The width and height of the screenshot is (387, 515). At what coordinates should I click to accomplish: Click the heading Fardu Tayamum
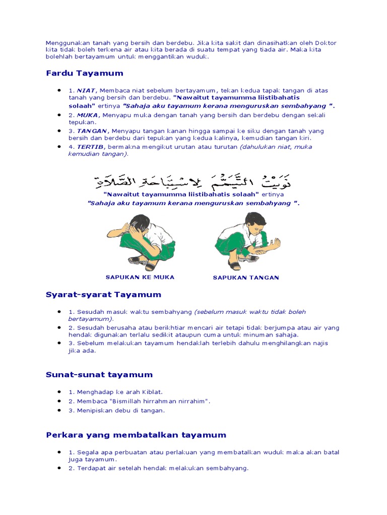click(x=84, y=73)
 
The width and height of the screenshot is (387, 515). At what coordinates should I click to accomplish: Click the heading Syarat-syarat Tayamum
click(x=103, y=295)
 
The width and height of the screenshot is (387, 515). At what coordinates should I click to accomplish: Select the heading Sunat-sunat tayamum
click(x=99, y=375)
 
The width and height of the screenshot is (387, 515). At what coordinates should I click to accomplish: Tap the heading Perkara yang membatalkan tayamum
click(x=136, y=435)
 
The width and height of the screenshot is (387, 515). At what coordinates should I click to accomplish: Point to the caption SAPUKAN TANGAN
click(x=246, y=278)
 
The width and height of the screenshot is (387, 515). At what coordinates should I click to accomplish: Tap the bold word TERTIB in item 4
click(x=91, y=147)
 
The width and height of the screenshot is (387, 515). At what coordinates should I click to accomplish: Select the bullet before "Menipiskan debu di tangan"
click(x=60, y=410)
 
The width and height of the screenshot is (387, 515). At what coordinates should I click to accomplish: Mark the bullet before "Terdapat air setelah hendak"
click(x=60, y=468)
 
